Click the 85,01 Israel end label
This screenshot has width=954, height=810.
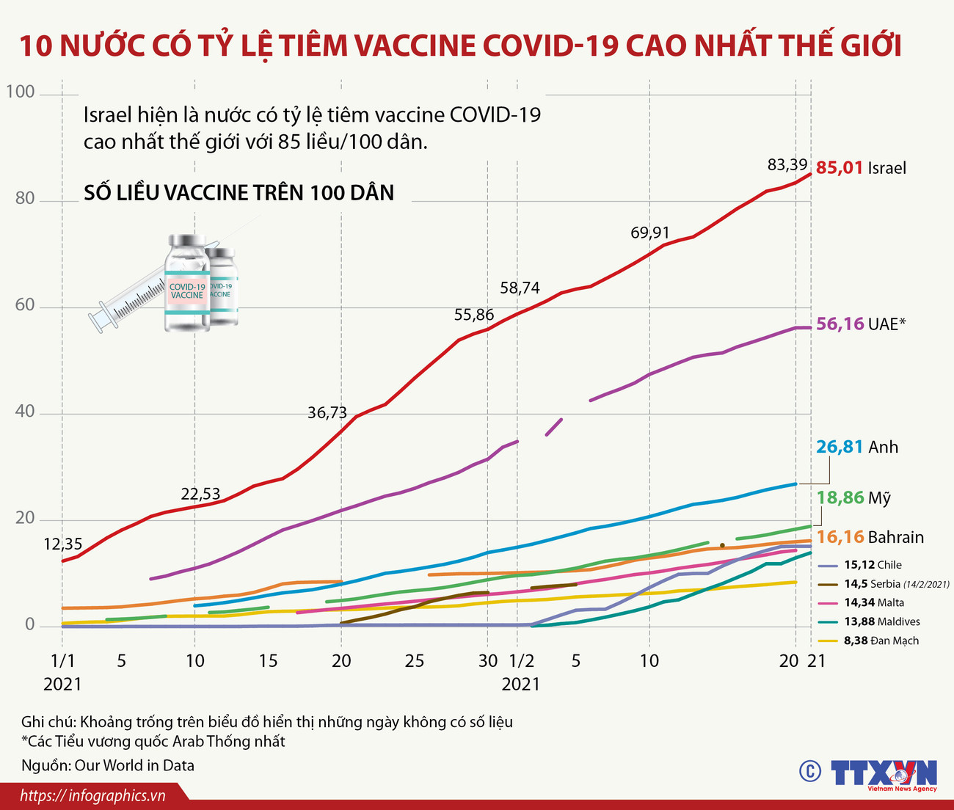click(x=861, y=168)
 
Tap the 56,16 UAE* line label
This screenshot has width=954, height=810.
click(x=861, y=324)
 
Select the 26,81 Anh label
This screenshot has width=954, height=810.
click(x=857, y=447)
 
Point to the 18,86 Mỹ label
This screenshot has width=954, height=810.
click(x=853, y=498)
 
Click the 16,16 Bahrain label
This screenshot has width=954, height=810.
click(x=870, y=537)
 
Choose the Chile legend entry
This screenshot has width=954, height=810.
click(x=873, y=565)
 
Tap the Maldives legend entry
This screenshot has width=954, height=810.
click(x=881, y=621)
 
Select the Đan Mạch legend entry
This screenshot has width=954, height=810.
click(x=881, y=641)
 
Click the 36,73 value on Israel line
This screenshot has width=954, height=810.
click(x=327, y=413)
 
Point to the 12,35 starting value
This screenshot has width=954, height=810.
click(x=63, y=544)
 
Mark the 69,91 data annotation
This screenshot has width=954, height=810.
click(x=649, y=233)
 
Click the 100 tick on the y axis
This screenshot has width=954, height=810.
click(x=21, y=92)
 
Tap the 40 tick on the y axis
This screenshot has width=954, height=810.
click(x=24, y=412)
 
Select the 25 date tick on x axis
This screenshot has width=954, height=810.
click(x=415, y=661)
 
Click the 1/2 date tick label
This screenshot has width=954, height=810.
click(x=521, y=661)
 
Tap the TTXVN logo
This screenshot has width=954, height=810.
click(x=884, y=773)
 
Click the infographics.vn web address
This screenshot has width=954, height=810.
click(x=92, y=796)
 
